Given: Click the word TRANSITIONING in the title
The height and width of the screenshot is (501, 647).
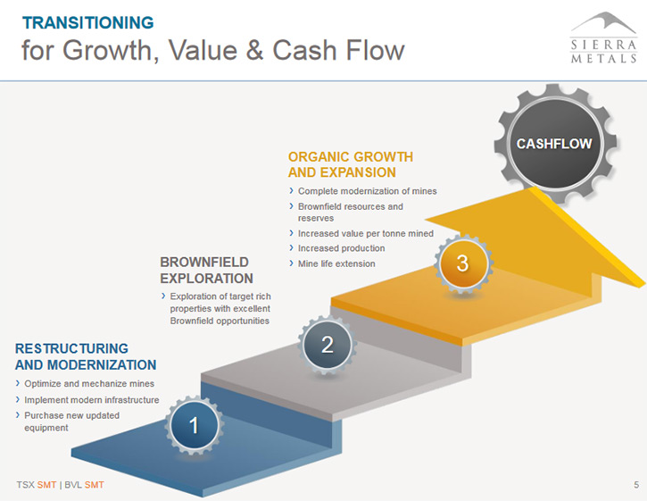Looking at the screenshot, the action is click(x=87, y=22).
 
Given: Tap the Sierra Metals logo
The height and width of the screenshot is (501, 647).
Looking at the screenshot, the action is click(x=603, y=38).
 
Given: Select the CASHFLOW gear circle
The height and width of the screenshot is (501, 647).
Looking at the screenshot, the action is click(x=554, y=144).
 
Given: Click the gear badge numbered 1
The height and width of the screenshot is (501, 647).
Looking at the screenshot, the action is click(x=194, y=425).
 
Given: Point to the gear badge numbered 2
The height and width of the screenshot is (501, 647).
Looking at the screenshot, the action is click(x=328, y=345).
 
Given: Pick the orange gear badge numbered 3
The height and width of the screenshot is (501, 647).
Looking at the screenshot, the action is click(x=463, y=263).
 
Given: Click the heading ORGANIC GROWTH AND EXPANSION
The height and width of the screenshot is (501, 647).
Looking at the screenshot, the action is click(x=351, y=164).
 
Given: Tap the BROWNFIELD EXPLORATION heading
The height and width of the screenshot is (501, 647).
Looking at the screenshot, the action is click(x=206, y=270).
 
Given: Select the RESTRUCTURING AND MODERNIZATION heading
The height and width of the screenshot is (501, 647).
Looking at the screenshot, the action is click(x=86, y=356).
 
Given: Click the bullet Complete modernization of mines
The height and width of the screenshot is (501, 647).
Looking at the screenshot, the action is click(x=363, y=191).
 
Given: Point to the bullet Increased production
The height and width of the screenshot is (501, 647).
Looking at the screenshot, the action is click(x=337, y=248).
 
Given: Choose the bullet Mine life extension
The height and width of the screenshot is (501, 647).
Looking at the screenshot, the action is click(x=333, y=263).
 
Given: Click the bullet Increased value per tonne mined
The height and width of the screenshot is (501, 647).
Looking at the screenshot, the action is click(x=361, y=233).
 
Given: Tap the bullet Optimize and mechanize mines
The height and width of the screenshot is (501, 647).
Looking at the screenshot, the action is click(x=85, y=384).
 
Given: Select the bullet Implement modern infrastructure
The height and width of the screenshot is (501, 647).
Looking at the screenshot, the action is click(x=87, y=400).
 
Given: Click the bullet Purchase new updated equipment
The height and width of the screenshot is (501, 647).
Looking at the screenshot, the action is click(x=68, y=422).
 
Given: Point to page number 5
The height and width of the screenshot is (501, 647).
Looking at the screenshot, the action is click(x=636, y=485).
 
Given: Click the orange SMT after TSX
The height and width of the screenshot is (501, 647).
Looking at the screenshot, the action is click(x=46, y=485).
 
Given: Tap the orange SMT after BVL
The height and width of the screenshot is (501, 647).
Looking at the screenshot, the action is click(x=94, y=485).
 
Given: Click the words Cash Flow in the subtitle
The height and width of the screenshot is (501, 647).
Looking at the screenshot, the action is click(x=338, y=50).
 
